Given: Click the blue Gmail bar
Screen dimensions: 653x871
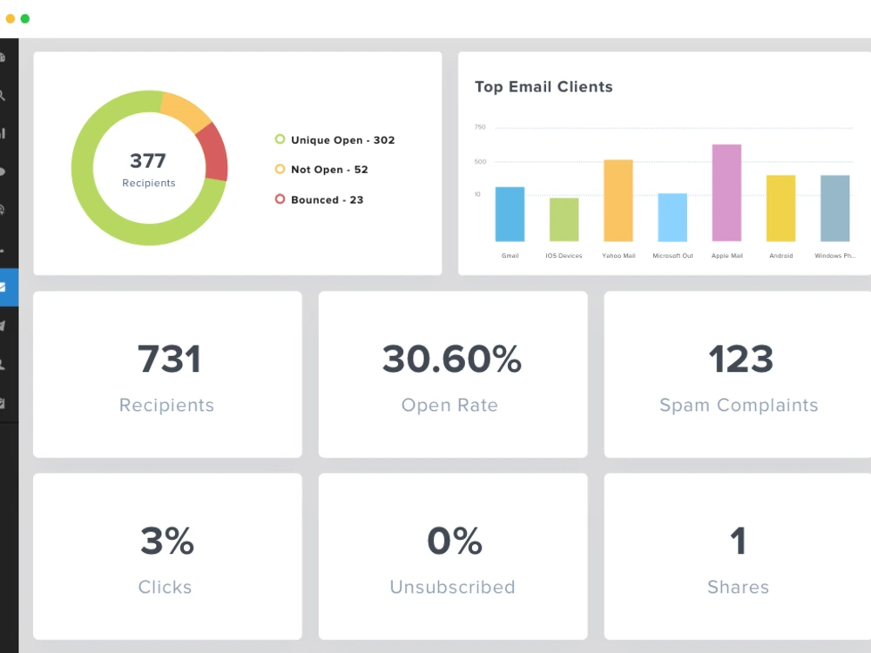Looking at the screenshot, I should (x=510, y=214).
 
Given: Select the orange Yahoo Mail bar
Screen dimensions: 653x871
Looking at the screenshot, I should (x=618, y=200).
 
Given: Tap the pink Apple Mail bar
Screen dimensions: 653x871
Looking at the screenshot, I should (x=726, y=192).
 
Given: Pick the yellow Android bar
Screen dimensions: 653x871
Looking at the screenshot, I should (x=780, y=208).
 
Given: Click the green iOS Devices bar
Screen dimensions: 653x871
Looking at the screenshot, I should (x=564, y=219).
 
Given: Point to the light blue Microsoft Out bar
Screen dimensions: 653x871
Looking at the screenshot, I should (x=672, y=218).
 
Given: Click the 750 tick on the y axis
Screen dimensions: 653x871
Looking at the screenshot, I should (x=480, y=127).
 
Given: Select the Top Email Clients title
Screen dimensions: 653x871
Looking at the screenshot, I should (x=544, y=87).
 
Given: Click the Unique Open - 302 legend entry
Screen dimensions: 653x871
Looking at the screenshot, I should (x=335, y=140).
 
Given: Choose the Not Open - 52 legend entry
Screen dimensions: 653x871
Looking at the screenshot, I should (x=321, y=170).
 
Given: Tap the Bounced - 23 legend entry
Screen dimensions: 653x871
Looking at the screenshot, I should (x=320, y=199).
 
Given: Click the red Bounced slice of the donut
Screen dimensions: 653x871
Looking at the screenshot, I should (x=213, y=152).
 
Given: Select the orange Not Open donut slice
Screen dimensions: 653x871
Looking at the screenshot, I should (x=187, y=111).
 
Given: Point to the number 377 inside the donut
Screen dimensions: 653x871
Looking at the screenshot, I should (x=148, y=161).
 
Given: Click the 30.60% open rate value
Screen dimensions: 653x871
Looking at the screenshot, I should (x=451, y=359).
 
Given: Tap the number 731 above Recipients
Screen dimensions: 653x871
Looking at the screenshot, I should (x=168, y=359).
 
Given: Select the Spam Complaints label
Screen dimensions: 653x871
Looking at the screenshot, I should (x=739, y=405).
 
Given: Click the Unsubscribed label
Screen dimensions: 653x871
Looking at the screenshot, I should (x=452, y=587).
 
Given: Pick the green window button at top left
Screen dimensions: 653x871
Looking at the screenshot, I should (x=25, y=18).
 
